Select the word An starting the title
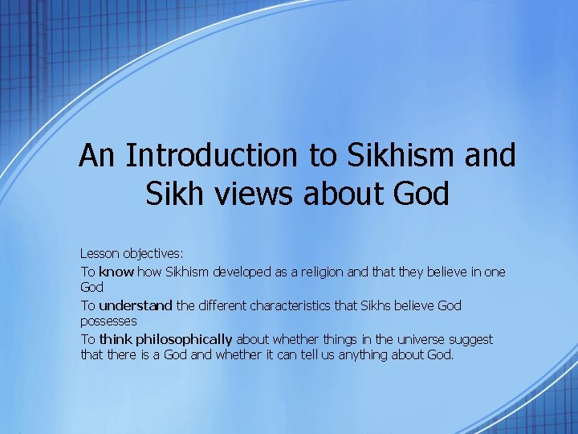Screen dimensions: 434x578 pos(99,155)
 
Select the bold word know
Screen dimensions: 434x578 pos(116,272)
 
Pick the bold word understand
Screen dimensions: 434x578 pos(135,305)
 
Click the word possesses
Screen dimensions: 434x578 pos(108,321)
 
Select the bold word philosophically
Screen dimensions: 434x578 pos(189,339)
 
